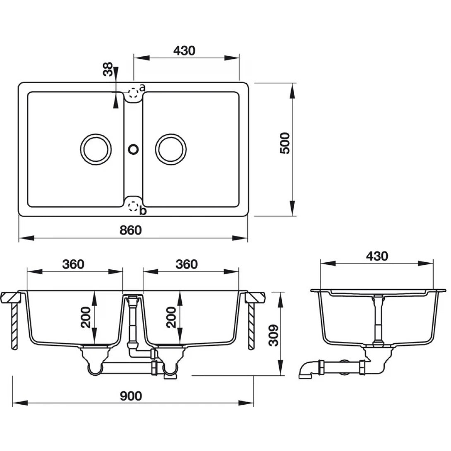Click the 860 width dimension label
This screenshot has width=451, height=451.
(x=131, y=230)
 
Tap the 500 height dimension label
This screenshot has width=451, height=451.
(x=285, y=143)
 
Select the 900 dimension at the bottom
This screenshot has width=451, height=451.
(x=131, y=396)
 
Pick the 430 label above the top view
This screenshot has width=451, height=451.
(x=184, y=50)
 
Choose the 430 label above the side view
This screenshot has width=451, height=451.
(x=377, y=256)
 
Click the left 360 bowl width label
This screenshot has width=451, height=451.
(x=73, y=264)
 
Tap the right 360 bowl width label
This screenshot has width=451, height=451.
(x=187, y=264)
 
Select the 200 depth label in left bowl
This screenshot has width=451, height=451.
(x=86, y=317)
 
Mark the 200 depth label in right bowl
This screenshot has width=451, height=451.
(x=171, y=317)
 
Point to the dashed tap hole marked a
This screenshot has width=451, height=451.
(x=133, y=92)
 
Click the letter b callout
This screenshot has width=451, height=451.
(x=143, y=211)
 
